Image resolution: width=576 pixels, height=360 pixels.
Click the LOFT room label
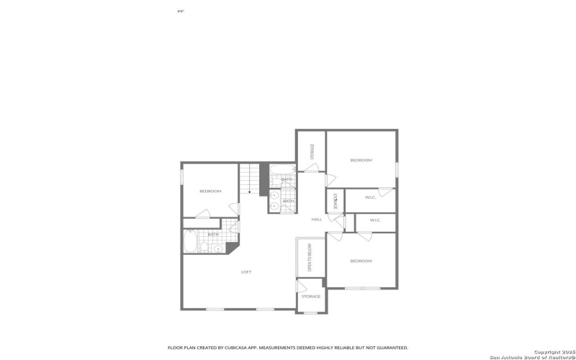click(246, 271)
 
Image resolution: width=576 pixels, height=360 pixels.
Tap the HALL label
click(316, 220)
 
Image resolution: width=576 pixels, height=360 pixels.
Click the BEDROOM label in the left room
click(210, 191)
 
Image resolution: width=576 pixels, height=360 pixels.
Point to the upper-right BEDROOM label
click(361, 160)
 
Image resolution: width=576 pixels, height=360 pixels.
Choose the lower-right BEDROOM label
click(361, 261)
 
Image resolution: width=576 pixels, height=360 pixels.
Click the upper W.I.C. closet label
click(370, 197)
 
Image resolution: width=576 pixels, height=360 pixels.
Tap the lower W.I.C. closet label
click(375, 220)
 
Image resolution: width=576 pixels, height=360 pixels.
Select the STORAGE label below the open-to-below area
click(311, 296)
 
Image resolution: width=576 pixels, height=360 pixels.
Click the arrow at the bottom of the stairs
click(249, 193)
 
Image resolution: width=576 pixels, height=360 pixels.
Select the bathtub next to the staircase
click(282, 171)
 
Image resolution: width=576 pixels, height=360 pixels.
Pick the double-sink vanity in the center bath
click(274, 202)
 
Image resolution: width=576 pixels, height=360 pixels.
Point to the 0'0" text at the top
click(180, 12)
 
